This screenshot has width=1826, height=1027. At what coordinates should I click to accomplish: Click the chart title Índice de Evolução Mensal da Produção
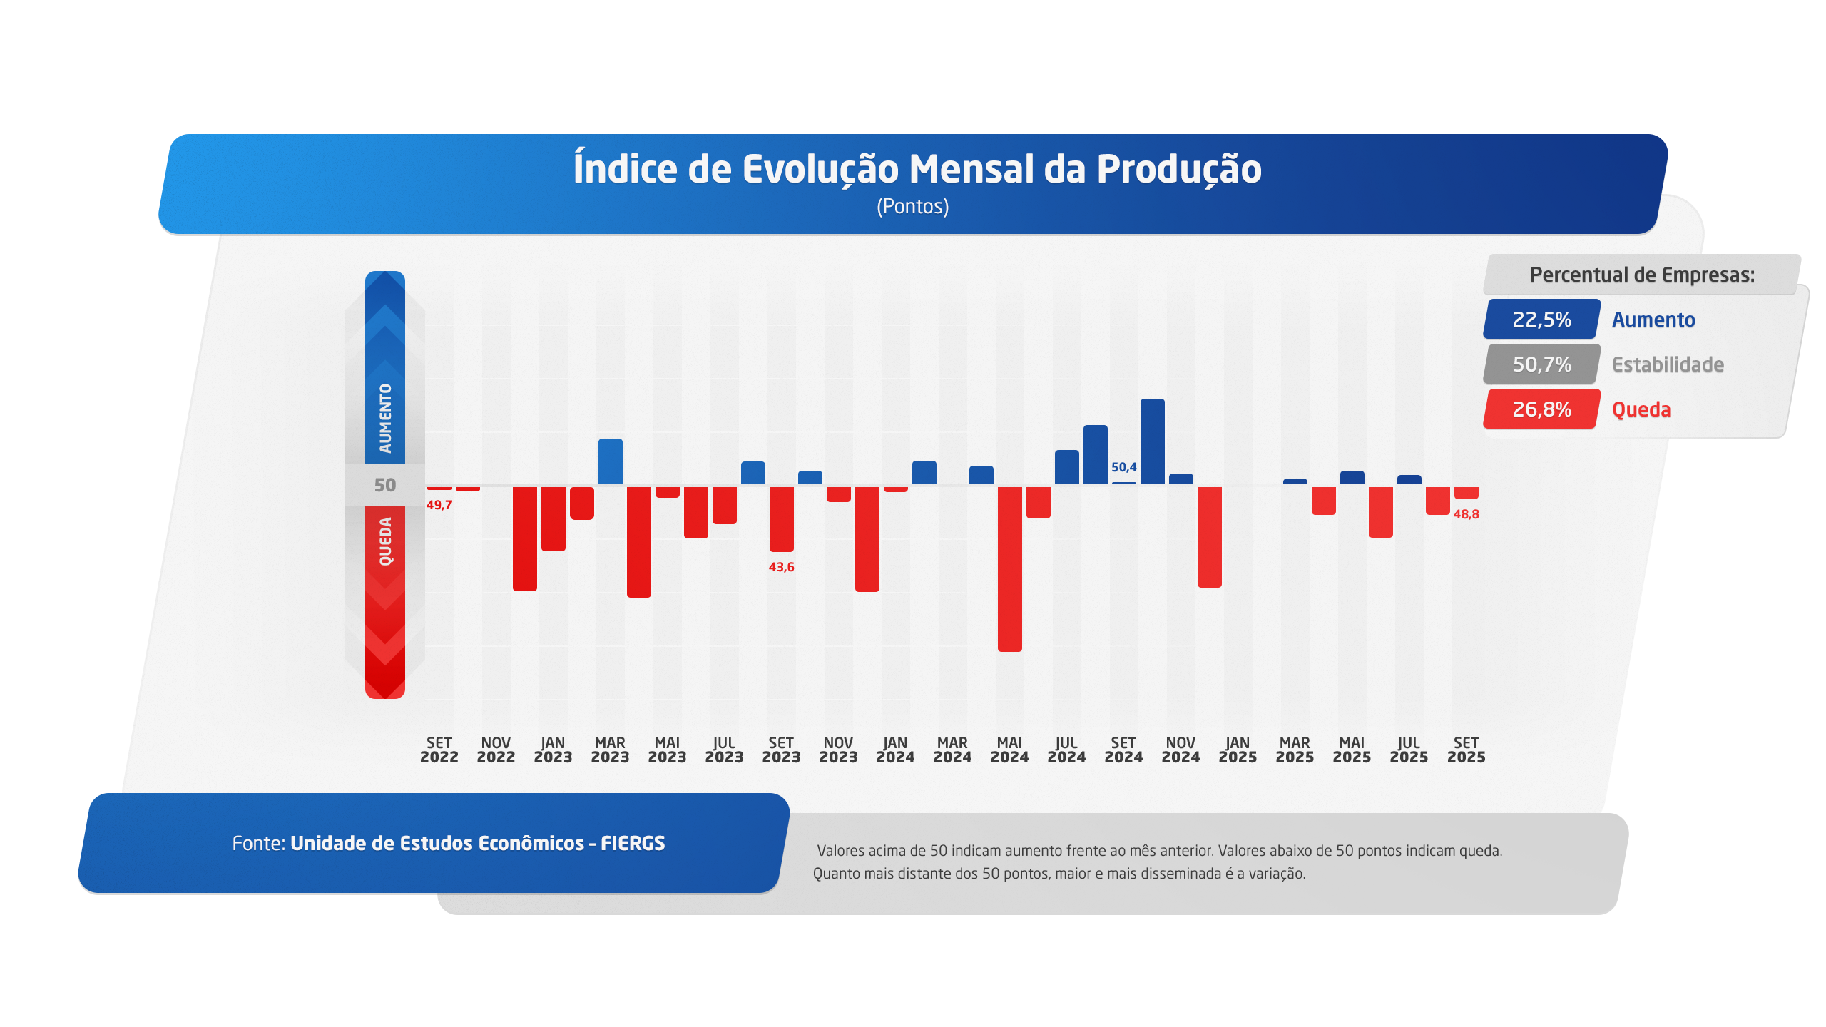click(917, 170)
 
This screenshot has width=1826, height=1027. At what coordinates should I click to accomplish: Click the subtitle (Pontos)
click(912, 207)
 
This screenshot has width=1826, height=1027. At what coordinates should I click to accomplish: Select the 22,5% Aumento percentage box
click(1541, 320)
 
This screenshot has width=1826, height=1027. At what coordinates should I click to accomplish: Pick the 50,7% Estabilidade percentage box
click(1541, 364)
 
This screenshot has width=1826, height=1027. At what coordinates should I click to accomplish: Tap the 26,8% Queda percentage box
click(1541, 409)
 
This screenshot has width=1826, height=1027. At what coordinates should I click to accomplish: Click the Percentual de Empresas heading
click(1642, 275)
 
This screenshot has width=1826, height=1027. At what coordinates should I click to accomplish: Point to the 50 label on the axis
click(385, 485)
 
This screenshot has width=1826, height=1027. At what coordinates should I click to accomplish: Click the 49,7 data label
click(439, 505)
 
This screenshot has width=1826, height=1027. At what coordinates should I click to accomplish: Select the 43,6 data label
click(781, 567)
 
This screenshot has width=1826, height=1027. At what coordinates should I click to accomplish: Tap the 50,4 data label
click(1123, 467)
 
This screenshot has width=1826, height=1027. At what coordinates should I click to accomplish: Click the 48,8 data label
click(1466, 514)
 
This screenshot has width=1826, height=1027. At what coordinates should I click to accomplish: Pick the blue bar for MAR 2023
click(610, 462)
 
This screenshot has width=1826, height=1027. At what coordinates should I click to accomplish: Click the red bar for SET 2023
click(781, 518)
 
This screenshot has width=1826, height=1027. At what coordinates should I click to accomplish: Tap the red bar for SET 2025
click(1466, 493)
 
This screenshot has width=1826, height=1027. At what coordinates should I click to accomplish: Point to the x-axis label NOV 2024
click(1180, 750)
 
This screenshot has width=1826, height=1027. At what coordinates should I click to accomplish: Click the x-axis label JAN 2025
click(1238, 750)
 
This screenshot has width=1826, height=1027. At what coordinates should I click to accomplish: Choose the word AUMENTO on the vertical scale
click(385, 419)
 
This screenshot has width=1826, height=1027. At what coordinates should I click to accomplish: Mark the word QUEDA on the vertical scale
click(385, 541)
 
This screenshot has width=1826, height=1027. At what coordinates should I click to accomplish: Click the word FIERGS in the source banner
click(633, 844)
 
